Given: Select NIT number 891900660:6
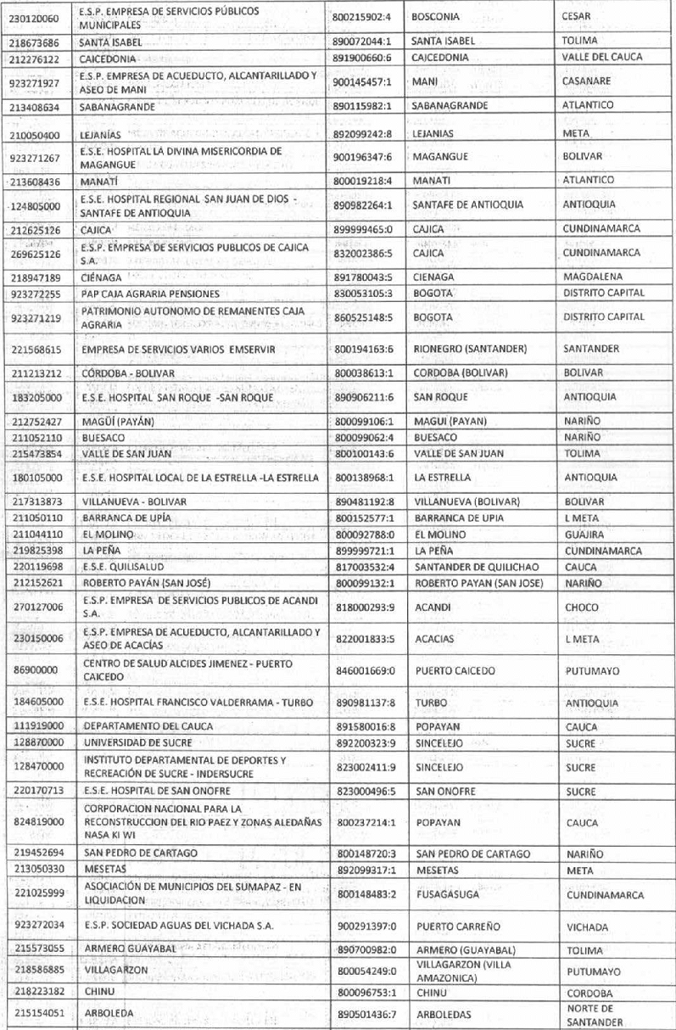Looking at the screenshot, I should tap(364, 57).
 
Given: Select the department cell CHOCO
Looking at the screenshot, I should tap(581, 607).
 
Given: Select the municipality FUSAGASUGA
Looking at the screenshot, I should tap(447, 895).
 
